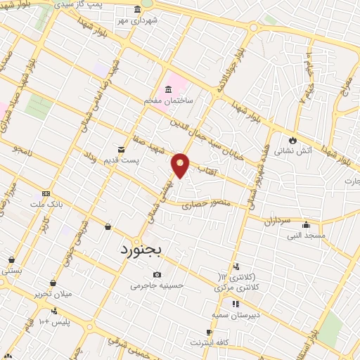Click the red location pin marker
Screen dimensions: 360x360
[x=181, y=165]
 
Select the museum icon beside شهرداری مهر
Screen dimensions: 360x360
[x=137, y=11]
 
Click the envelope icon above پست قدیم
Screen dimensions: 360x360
[x=121, y=150]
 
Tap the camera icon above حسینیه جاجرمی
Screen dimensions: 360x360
[x=156, y=274]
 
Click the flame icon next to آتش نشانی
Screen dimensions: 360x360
[x=292, y=140]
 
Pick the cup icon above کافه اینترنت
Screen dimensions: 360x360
[x=209, y=332]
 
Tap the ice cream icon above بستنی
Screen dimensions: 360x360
[x=11, y=259]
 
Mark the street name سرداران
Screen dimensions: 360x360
[x=277, y=221]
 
